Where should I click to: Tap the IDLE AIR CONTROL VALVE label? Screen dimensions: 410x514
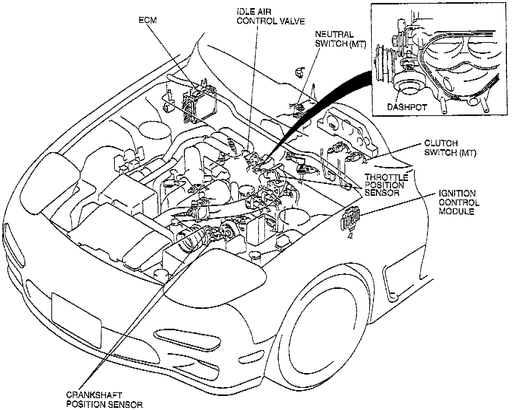(270, 16)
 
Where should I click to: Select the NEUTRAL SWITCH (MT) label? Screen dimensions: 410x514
(340, 39)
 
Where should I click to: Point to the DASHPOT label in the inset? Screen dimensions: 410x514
(407, 107)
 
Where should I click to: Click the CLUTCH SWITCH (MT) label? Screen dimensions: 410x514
(450, 148)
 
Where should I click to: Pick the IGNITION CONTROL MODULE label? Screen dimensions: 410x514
(459, 202)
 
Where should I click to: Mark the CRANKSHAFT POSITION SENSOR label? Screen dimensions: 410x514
(104, 400)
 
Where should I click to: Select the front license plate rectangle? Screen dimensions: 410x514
(76, 320)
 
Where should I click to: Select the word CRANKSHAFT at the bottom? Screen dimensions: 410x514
(94, 395)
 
